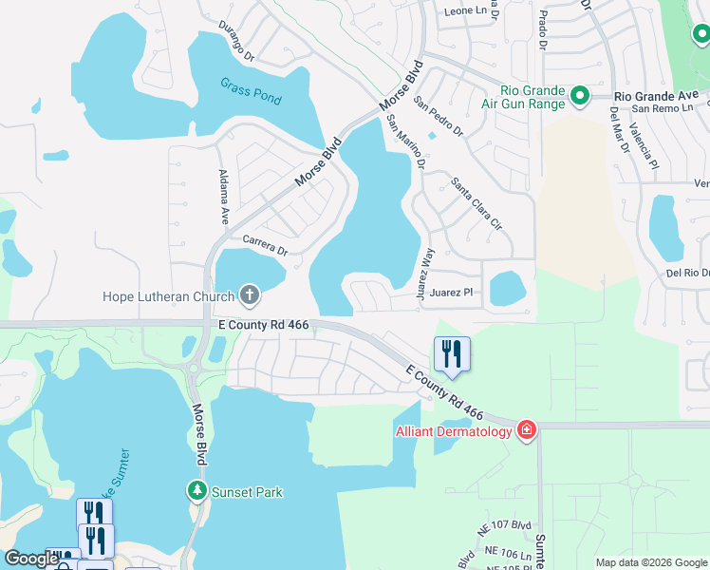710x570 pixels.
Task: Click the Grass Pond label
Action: (251, 90)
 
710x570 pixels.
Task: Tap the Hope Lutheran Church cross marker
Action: (250, 295)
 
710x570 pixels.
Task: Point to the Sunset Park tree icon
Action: (196, 491)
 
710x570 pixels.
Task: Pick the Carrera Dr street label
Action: (265, 245)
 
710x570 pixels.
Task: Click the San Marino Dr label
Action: (405, 142)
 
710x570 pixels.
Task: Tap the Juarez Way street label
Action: (425, 275)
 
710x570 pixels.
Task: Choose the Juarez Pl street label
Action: (451, 293)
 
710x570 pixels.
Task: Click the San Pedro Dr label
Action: (438, 115)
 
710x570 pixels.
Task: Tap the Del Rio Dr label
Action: (687, 273)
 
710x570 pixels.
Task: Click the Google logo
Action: (31, 559)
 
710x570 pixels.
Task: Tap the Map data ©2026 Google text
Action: (650, 562)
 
